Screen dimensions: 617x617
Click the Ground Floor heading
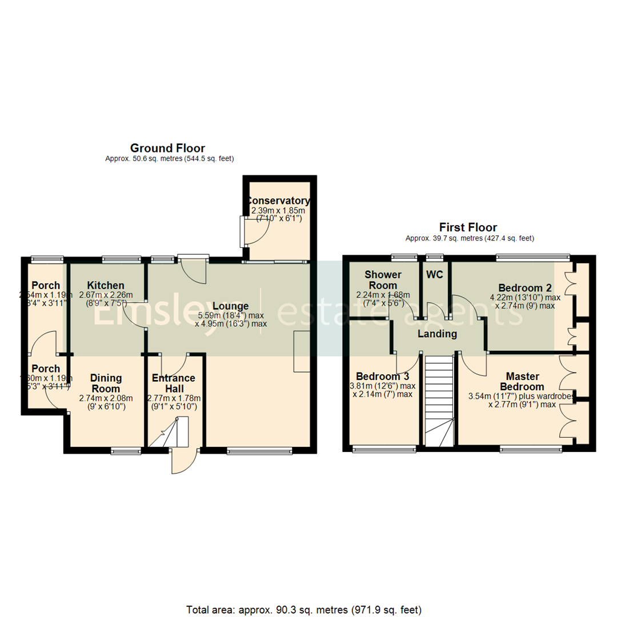tap(167, 149)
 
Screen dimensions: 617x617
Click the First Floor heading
tap(468, 227)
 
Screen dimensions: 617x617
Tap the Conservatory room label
tap(278, 201)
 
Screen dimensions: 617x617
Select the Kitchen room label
tap(106, 286)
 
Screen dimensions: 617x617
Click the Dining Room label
tap(106, 383)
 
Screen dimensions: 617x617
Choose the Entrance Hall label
tap(174, 383)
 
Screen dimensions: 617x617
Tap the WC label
tap(434, 274)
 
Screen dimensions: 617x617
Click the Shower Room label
tap(383, 279)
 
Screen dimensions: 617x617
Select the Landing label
tap(437, 334)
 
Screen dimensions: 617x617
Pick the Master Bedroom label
tap(525, 381)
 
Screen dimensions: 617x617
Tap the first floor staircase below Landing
tap(439, 400)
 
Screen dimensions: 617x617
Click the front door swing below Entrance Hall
tap(184, 462)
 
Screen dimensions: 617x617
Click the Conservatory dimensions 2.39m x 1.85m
tap(278, 211)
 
